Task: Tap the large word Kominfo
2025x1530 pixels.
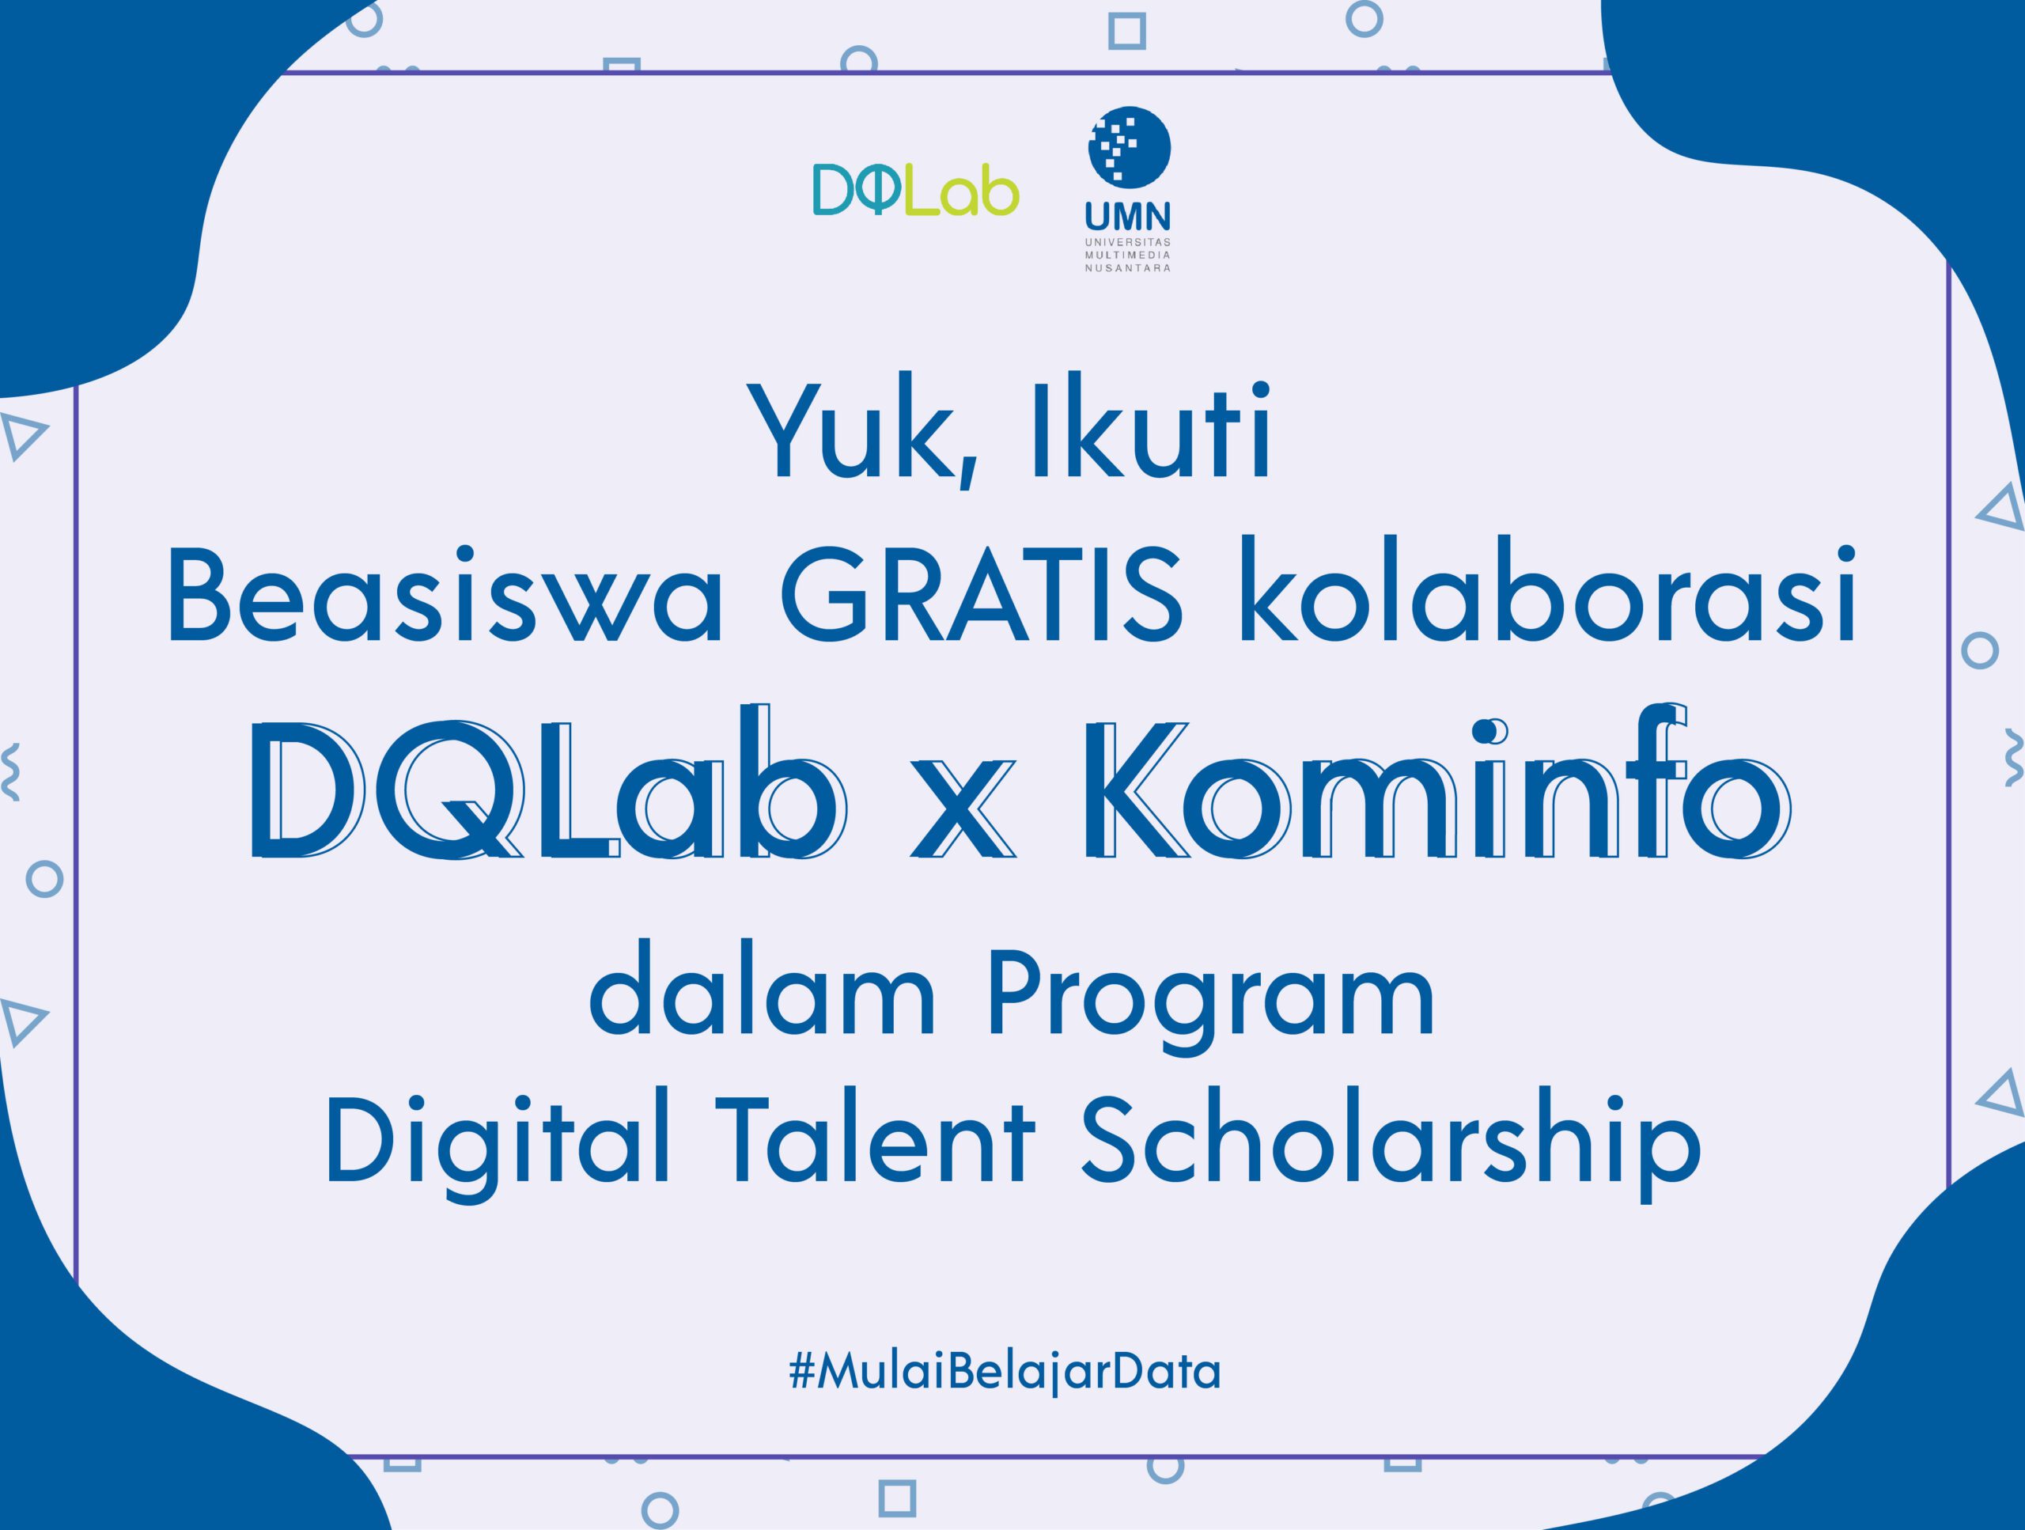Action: coord(1436,783)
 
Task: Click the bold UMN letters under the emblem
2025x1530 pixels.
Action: coord(1129,216)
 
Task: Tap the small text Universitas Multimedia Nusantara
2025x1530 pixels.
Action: coord(1129,256)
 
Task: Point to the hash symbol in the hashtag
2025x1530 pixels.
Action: coord(803,1372)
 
